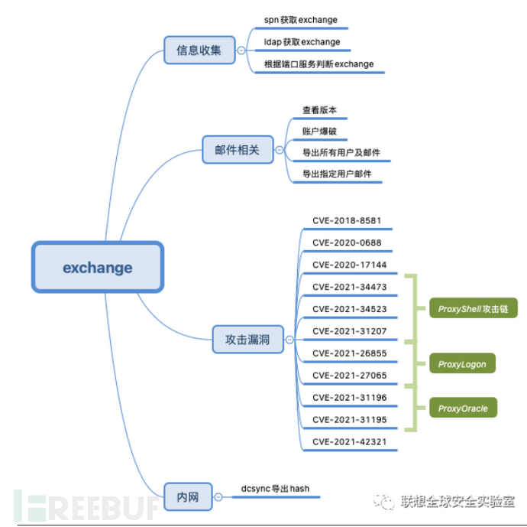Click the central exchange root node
(97, 268)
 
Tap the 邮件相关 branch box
(231, 149)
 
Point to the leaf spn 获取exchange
(300, 20)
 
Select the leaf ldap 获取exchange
(302, 42)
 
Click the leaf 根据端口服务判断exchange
(318, 64)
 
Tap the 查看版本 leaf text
(319, 109)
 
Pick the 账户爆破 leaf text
(319, 131)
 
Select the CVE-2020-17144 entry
(349, 265)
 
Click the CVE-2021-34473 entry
(349, 287)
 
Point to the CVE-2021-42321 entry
(349, 442)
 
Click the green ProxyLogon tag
(461, 364)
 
